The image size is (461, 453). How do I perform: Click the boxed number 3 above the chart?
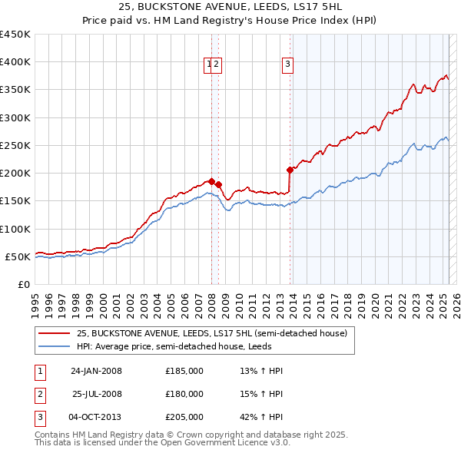click(x=287, y=64)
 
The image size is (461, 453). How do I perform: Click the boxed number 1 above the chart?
click(x=208, y=64)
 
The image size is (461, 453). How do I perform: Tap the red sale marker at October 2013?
click(x=290, y=170)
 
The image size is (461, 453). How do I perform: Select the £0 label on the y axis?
click(x=25, y=284)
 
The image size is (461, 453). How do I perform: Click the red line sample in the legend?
click(x=55, y=333)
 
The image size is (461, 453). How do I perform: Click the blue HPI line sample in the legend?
click(x=55, y=346)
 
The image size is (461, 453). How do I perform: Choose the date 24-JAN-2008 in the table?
click(x=96, y=371)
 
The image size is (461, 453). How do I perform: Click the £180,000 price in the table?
click(x=184, y=394)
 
